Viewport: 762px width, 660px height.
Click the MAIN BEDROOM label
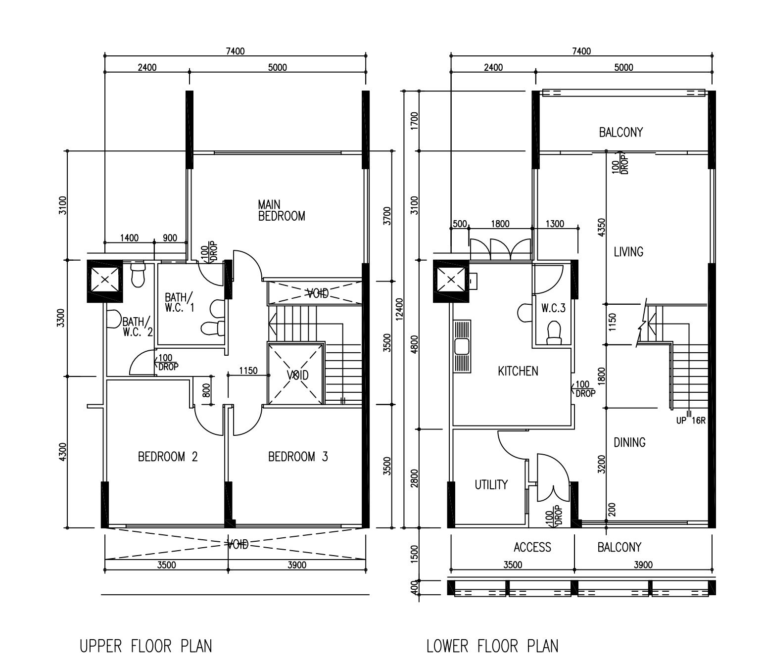point(281,210)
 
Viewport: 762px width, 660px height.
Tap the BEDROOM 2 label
point(168,457)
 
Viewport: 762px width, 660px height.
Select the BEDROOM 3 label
point(298,457)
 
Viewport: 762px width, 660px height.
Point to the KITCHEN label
point(518,371)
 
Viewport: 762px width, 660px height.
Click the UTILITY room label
point(491,484)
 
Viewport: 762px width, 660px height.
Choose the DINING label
point(629,442)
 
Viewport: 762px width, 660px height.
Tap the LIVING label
point(628,252)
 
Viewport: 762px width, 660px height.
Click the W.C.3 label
point(553,308)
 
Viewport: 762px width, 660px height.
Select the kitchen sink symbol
point(462,347)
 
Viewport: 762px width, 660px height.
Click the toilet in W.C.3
point(554,332)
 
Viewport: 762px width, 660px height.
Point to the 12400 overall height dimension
point(399,309)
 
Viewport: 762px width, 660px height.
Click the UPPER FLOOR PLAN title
point(146,646)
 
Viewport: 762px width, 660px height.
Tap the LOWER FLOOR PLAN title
point(492,646)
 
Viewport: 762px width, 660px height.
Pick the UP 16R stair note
point(691,421)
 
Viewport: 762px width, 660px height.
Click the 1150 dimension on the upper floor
point(248,370)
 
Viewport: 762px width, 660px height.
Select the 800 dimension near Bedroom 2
point(206,390)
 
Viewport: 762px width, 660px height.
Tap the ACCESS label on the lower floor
point(532,547)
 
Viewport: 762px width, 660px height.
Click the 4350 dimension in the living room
point(601,227)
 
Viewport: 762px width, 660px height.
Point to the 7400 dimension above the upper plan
point(235,51)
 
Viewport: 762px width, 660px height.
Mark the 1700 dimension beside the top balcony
point(414,121)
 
